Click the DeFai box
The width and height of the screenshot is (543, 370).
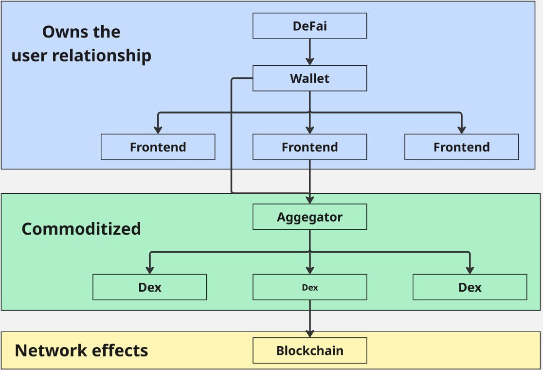click(x=309, y=26)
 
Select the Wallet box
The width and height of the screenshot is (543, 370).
click(x=309, y=78)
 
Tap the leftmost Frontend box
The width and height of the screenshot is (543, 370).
click(x=158, y=147)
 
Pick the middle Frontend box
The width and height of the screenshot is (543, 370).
click(x=309, y=147)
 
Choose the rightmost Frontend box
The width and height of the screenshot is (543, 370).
click(x=462, y=147)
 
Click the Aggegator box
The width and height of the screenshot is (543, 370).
click(x=309, y=217)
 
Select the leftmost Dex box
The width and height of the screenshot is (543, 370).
click(x=149, y=287)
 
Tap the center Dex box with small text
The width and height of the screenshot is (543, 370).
click(x=309, y=287)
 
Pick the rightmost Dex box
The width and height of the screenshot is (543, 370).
click(x=470, y=287)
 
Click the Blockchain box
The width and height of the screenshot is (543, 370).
click(x=309, y=351)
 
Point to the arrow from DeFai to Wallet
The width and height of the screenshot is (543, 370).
click(x=309, y=52)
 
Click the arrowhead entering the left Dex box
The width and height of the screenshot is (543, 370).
click(x=149, y=270)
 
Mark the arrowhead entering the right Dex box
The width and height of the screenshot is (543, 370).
click(x=470, y=270)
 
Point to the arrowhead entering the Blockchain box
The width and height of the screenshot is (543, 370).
click(x=309, y=333)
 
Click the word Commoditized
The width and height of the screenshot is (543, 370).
click(x=81, y=229)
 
